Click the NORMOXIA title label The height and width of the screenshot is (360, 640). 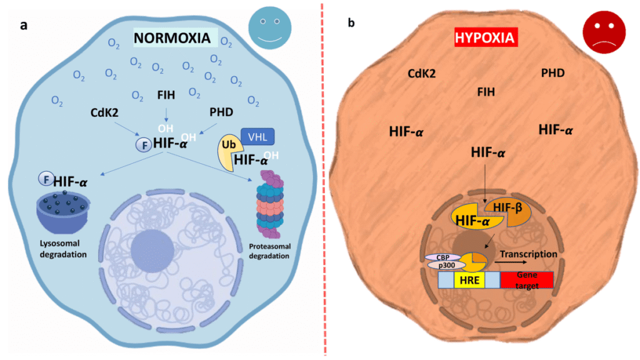click(175, 39)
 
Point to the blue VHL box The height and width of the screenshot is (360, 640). click(257, 136)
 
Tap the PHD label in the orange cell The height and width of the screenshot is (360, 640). click(552, 74)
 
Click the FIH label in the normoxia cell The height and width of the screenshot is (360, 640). click(166, 96)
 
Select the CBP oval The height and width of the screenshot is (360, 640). click(441, 256)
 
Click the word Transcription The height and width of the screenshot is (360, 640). click(528, 254)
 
